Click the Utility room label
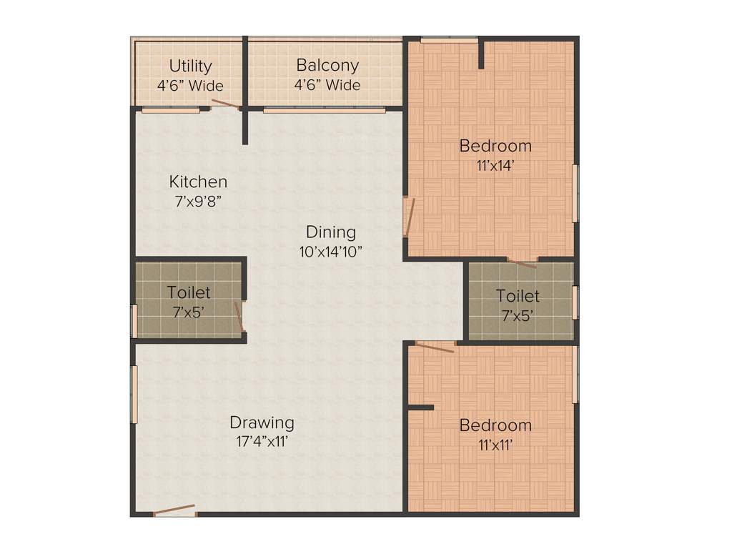tap(190, 66)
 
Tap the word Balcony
tap(327, 66)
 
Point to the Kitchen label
tap(198, 182)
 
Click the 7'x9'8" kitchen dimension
tap(198, 202)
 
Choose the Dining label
tap(330, 232)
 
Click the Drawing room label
tap(262, 422)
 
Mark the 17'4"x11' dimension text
tap(262, 441)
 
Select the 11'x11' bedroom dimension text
tap(495, 445)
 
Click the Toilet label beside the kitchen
tap(189, 292)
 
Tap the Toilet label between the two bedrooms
tap(518, 295)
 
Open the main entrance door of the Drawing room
tap(174, 510)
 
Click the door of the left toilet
tap(240, 317)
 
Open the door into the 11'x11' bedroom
tap(435, 347)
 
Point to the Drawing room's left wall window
tap(134, 395)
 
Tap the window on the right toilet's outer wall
tap(575, 302)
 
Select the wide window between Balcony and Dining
tap(325, 110)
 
